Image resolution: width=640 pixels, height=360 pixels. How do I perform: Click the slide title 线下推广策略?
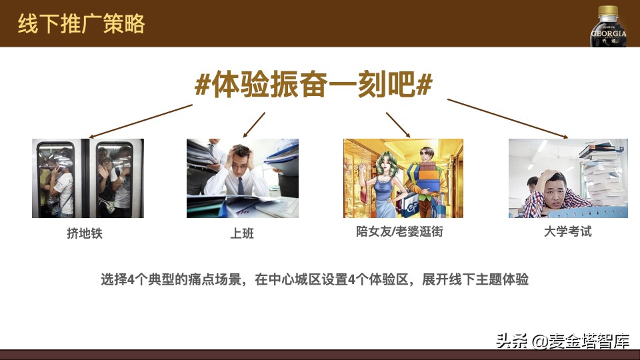pos(81,24)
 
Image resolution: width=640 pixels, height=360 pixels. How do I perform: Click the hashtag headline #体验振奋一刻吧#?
pos(313,85)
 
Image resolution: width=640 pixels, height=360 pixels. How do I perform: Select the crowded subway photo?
pos(87,178)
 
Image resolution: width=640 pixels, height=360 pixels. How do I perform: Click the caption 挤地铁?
pos(85,233)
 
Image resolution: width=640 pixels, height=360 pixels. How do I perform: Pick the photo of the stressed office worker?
pos(242,178)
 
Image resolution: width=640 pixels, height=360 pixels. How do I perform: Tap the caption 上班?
pos(242,233)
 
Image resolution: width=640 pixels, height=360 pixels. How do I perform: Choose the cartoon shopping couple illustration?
pos(403,178)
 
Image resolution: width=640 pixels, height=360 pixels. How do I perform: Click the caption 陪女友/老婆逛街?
pos(399,232)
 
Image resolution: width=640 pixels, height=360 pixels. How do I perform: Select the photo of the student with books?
pos(568,178)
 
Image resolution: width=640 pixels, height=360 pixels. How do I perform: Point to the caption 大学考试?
pos(568,232)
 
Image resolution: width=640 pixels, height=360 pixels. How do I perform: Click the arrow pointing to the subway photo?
pos(141,120)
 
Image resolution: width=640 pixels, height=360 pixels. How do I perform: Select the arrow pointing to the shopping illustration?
pos(398,124)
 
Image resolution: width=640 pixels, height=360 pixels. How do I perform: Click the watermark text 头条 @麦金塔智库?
pos(563,342)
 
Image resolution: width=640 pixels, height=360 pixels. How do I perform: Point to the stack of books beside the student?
pos(604,175)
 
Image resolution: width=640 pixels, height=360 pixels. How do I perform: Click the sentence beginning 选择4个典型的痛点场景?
pos(314,279)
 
